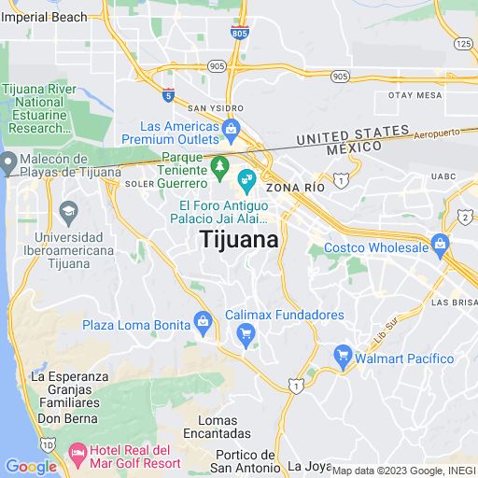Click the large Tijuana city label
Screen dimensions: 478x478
click(239, 240)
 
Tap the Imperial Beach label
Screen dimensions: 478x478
click(44, 17)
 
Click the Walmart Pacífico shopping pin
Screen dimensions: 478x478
click(343, 358)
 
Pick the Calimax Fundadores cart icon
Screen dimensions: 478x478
click(246, 334)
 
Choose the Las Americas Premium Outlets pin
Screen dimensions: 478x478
click(232, 126)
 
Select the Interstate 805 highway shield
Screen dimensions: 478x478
click(239, 33)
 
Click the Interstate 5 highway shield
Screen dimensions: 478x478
click(168, 94)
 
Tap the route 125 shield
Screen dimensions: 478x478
click(464, 43)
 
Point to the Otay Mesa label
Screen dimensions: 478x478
click(415, 95)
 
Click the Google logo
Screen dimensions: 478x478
click(31, 466)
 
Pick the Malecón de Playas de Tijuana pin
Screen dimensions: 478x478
click(8, 165)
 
